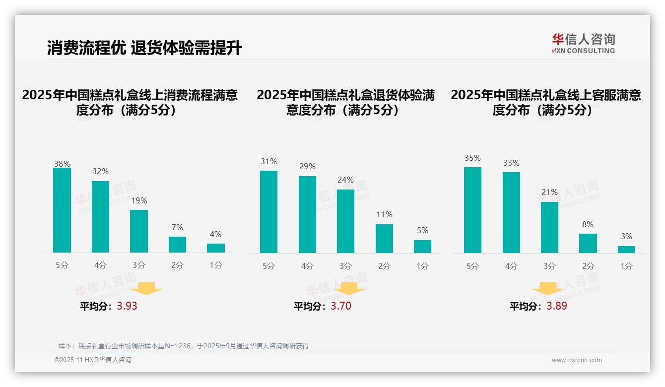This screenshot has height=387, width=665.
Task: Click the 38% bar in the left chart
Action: pyautogui.click(x=62, y=210)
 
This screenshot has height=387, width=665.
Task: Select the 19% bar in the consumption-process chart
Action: pyautogui.click(x=139, y=231)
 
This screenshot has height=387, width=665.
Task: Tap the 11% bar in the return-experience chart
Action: pyautogui.click(x=384, y=239)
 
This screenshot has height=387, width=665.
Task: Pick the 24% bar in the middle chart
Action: pyautogui.click(x=345, y=221)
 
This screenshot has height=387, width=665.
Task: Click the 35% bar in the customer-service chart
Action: pyautogui.click(x=472, y=210)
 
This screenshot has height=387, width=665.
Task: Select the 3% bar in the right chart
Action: pyautogui.click(x=626, y=250)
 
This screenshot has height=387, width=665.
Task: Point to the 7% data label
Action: pyautogui.click(x=177, y=228)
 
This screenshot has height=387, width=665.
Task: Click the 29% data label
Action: pyautogui.click(x=307, y=167)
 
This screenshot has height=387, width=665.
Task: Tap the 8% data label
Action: pyautogui.click(x=588, y=225)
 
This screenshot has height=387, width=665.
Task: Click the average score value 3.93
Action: pyautogui.click(x=127, y=306)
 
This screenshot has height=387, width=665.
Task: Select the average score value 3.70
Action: pyautogui.click(x=341, y=306)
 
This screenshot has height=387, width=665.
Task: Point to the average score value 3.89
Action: pyautogui.click(x=557, y=306)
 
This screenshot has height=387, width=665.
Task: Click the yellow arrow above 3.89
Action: pyautogui.click(x=548, y=289)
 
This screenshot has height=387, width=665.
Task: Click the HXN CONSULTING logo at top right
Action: pyautogui.click(x=583, y=44)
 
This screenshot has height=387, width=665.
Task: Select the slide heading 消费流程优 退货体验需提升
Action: pyautogui.click(x=144, y=48)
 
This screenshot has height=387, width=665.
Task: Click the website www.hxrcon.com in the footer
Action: pyautogui.click(x=577, y=360)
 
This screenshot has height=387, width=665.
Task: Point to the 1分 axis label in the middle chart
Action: pyautogui.click(x=422, y=266)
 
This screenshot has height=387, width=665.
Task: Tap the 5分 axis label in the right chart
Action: pyautogui.click(x=472, y=266)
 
